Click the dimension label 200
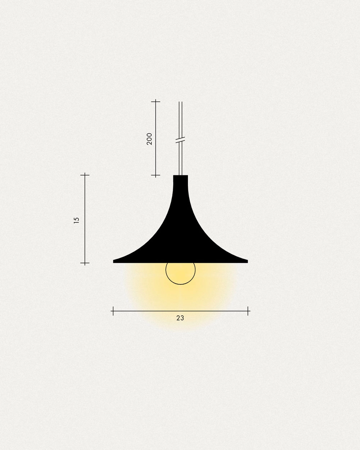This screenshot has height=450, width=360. click(x=149, y=139)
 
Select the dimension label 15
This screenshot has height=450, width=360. click(x=77, y=220)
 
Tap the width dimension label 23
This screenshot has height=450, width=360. click(x=180, y=318)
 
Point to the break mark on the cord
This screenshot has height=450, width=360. click(x=180, y=140)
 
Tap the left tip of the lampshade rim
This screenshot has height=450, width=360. click(x=113, y=261)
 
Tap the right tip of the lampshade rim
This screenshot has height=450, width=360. click(x=248, y=261)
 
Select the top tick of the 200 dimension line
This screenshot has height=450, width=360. click(x=156, y=102)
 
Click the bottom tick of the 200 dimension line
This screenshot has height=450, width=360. click(x=156, y=175)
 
